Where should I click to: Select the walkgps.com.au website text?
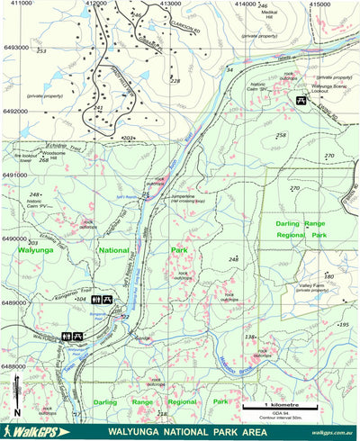pos(333,433)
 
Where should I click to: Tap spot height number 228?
pos(175,81)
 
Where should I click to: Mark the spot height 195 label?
pos(343,324)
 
